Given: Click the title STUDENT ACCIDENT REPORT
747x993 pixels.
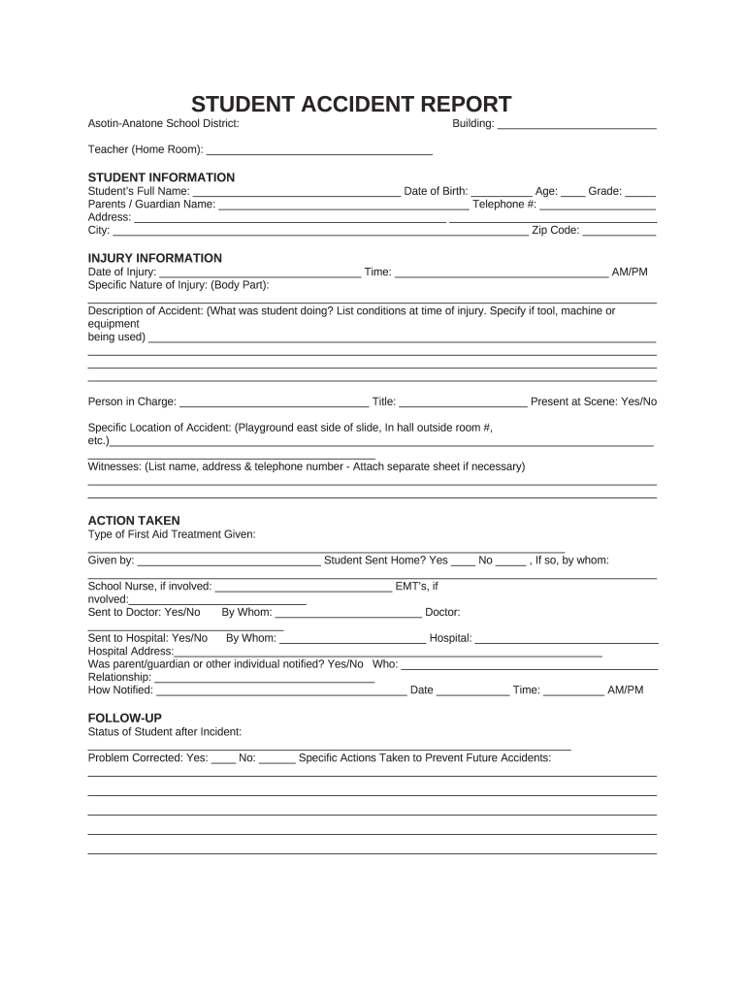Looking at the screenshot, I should pyautogui.click(x=350, y=105).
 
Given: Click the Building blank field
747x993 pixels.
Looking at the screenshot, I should pyautogui.click(x=576, y=125).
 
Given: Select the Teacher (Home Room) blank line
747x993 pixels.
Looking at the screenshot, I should pyautogui.click(x=319, y=150).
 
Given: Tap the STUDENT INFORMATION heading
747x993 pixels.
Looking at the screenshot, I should pyautogui.click(x=161, y=177).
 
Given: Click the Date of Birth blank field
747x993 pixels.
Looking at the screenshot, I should pyautogui.click(x=502, y=192).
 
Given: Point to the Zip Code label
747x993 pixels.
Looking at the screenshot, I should pyautogui.click(x=555, y=231).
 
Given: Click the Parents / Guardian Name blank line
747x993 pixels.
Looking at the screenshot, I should pyautogui.click(x=343, y=206).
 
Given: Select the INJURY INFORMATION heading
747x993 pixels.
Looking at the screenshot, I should pyautogui.click(x=155, y=258).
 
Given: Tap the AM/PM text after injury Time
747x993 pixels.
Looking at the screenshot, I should pyautogui.click(x=629, y=272).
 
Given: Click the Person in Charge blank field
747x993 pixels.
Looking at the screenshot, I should pyautogui.click(x=275, y=402).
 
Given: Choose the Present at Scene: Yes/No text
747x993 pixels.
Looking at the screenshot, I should pyautogui.click(x=594, y=401).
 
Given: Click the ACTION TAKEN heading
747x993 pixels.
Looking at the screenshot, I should pyautogui.click(x=134, y=521).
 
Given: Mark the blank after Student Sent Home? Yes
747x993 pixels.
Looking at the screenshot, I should pyautogui.click(x=464, y=561).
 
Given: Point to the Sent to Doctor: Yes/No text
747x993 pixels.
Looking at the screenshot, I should pyautogui.click(x=144, y=612).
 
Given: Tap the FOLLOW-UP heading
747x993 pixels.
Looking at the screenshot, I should pyautogui.click(x=125, y=718).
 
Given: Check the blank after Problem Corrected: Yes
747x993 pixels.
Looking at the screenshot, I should pyautogui.click(x=224, y=759).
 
